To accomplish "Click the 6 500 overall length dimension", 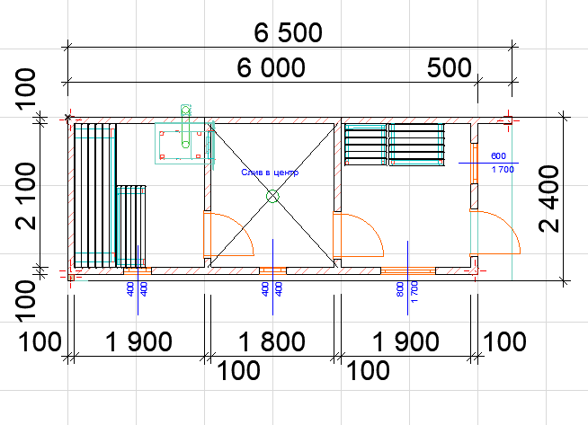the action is coord(288,32).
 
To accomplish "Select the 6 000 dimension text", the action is coord(271,67).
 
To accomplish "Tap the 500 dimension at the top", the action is coord(449,67).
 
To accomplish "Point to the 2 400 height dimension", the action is coord(548,199).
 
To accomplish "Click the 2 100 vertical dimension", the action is coord(26,196).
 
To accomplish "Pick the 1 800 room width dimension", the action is coord(272,341).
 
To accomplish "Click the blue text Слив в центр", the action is coord(270,173).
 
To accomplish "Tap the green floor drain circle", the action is coord(272,196).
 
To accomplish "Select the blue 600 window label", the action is coord(498,156).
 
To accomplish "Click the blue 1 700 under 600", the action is coord(503,170).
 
